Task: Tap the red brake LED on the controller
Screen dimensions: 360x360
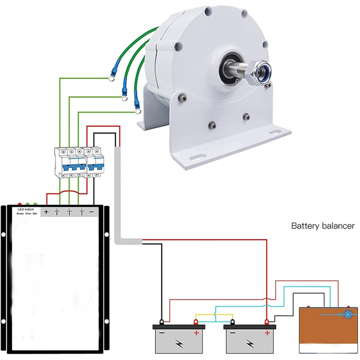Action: [20, 204]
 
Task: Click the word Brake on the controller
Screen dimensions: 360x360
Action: [20, 213]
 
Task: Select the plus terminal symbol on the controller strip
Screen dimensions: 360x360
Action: [46, 212]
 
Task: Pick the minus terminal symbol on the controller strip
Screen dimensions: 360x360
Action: [92, 212]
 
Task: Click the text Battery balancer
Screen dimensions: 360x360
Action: [323, 226]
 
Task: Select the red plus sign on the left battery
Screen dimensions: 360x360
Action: [195, 332]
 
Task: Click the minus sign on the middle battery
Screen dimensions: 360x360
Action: [233, 333]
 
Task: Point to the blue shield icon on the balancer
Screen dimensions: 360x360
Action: [349, 313]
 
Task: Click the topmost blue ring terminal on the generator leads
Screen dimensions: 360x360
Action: [111, 79]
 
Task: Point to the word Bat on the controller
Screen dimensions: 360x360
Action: [35, 213]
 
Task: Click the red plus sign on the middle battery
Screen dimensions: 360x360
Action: [267, 333]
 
